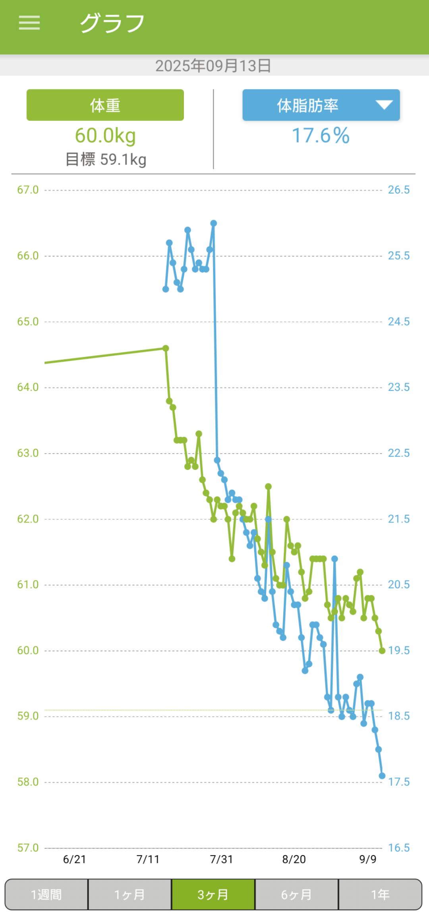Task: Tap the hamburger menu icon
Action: tap(29, 23)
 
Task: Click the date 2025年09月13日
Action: tap(213, 66)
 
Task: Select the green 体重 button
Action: tap(105, 105)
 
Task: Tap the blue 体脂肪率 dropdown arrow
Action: tap(384, 105)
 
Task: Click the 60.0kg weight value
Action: tap(105, 135)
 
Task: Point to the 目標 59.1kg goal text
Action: tap(106, 159)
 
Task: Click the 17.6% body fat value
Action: tap(321, 135)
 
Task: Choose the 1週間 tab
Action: tap(46, 895)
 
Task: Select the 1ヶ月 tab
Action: tap(129, 895)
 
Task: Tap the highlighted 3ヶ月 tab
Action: tap(213, 895)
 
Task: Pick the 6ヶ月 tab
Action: tap(296, 895)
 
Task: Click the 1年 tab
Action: tap(380, 895)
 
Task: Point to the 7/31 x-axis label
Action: tap(221, 859)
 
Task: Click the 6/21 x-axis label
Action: tap(74, 859)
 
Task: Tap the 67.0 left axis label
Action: tap(28, 190)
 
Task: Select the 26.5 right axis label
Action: tap(398, 190)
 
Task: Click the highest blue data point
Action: tap(213, 223)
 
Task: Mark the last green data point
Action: tap(382, 651)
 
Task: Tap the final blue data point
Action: tap(382, 776)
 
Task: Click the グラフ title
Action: tap(112, 23)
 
